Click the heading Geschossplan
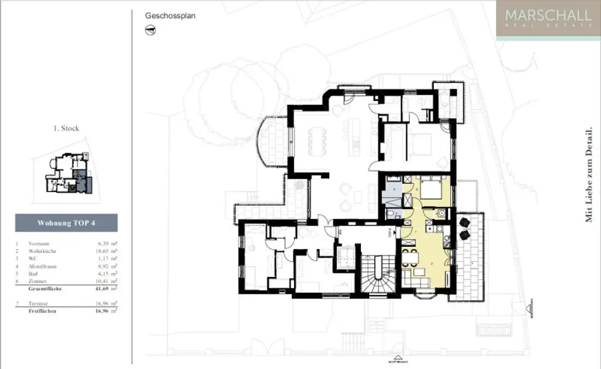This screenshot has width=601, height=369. (x=170, y=16)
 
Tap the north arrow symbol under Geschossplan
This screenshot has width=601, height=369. (x=150, y=31)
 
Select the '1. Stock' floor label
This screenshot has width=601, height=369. (x=66, y=128)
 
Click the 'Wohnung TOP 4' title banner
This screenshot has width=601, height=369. (x=66, y=223)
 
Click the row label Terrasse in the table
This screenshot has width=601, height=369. (x=39, y=304)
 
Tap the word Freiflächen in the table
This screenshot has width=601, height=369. (x=42, y=311)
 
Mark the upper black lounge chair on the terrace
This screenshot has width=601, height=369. (x=465, y=223)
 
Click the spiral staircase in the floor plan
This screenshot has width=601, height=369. (x=376, y=274)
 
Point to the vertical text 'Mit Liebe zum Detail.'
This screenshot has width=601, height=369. (x=589, y=175)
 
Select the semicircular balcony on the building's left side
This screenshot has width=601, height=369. (x=271, y=142)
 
